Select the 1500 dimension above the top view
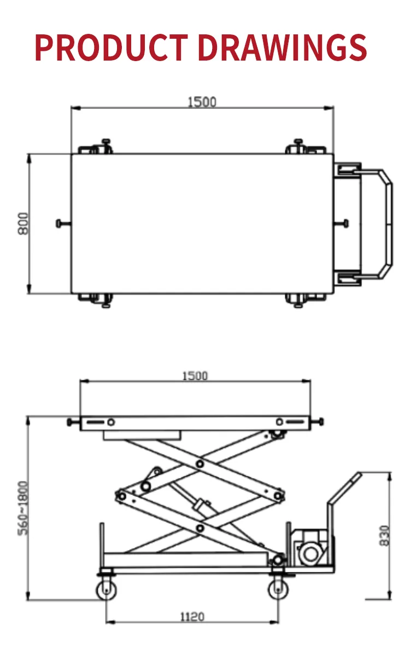pyautogui.click(x=202, y=102)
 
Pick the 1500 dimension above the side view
pyautogui.click(x=195, y=376)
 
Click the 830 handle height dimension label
pyautogui.click(x=385, y=535)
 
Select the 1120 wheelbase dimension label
pyautogui.click(x=192, y=617)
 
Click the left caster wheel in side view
pyautogui.click(x=105, y=590)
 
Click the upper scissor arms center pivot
pyautogui.click(x=200, y=463)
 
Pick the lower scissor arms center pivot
pyautogui.click(x=200, y=528)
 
